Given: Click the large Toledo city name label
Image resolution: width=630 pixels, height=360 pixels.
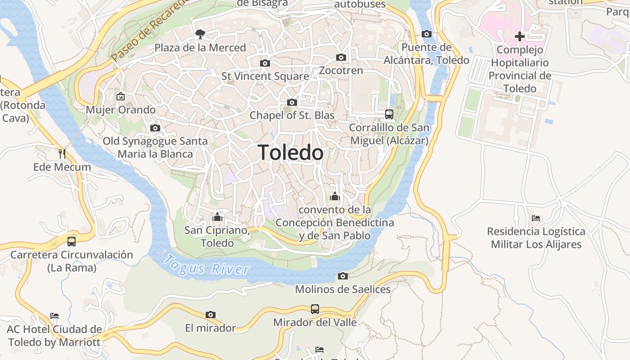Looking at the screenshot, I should click(291, 153).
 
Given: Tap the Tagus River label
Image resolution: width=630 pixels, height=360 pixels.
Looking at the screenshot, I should click(206, 266).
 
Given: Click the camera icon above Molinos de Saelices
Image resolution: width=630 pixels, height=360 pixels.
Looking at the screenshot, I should click(343, 276).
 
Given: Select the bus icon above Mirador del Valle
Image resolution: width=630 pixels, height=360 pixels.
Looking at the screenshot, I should click(315, 309).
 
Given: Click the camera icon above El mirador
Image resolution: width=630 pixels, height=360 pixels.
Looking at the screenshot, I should click(210, 315).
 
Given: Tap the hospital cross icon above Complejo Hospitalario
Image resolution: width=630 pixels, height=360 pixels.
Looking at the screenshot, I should click(520, 36).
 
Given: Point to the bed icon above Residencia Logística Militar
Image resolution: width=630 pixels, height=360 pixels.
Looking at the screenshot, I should click(535, 218).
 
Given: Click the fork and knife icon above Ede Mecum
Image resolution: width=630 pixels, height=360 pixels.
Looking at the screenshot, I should click(62, 154).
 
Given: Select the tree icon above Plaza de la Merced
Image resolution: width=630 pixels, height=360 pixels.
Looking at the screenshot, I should click(200, 33).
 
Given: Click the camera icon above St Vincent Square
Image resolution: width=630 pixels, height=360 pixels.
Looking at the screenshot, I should click(265, 63).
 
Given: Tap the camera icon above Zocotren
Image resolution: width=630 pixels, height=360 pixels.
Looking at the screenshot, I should click(341, 57).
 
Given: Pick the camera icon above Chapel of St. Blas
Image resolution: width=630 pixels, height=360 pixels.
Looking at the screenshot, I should click(292, 103).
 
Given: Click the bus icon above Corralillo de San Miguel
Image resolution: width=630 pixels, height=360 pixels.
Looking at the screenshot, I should click(389, 114).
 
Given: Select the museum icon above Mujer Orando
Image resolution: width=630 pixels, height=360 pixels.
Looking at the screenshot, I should click(121, 96).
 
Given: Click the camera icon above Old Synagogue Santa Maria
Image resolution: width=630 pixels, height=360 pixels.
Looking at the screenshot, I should click(155, 128).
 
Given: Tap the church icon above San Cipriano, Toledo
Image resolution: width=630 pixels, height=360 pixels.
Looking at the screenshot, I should click(217, 217).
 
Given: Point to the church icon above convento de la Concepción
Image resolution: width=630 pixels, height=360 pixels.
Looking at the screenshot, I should click(334, 196).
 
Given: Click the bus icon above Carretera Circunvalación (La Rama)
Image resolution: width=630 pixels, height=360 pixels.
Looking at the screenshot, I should click(72, 242).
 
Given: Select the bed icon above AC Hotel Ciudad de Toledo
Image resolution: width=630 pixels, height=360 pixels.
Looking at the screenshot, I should click(54, 315).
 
